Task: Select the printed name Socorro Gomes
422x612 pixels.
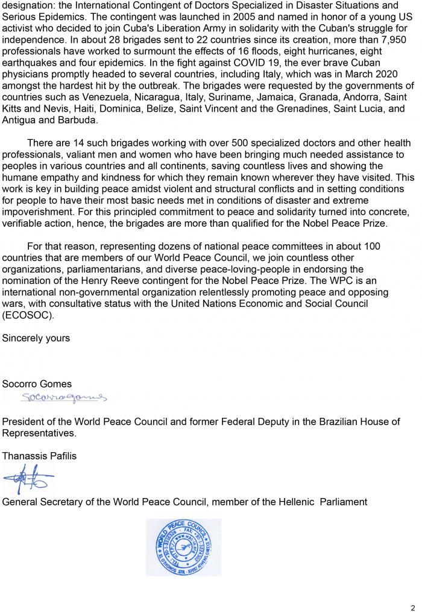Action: [37, 383]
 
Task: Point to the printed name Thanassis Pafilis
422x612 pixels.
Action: [40, 456]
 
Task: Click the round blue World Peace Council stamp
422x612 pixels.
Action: [183, 547]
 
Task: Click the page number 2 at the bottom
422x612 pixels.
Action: [413, 607]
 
